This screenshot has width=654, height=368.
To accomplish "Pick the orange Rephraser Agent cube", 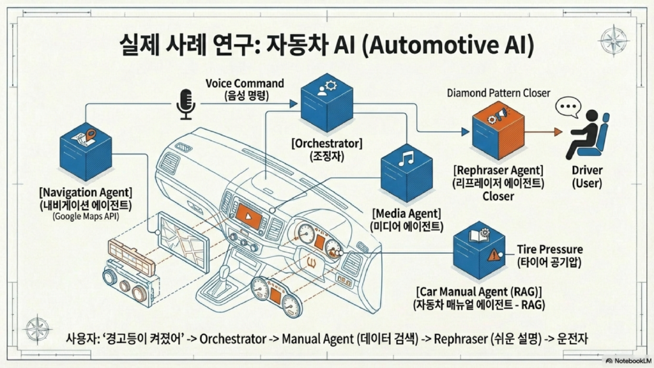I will point(498,132).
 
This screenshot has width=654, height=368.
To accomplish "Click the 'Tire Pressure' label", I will point(549,249).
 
